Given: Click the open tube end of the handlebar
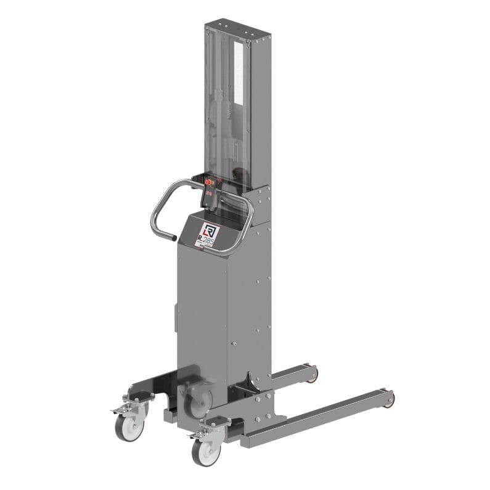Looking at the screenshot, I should (x=175, y=237).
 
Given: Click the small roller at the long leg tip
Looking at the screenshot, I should (x=389, y=400).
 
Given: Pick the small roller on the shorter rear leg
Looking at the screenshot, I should (x=314, y=374).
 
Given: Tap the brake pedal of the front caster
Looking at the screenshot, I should (x=198, y=435).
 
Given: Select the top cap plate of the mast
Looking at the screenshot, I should (x=237, y=30).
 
